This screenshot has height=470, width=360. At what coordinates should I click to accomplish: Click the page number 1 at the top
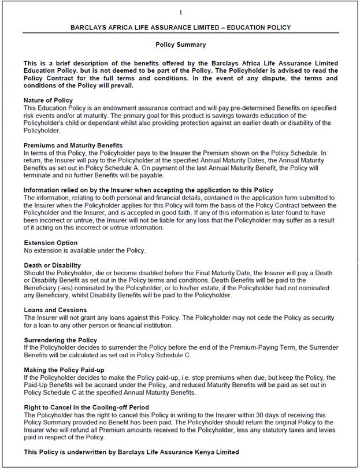(x=181, y=12)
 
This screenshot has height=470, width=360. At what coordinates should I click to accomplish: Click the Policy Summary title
(x=181, y=45)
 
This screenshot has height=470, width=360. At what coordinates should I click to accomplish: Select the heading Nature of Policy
(x=48, y=101)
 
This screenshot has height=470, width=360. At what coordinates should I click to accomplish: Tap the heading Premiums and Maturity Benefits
(x=73, y=145)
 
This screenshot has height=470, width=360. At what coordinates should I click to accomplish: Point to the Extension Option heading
(x=50, y=243)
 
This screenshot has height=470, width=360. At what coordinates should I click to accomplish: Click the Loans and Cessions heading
(x=55, y=310)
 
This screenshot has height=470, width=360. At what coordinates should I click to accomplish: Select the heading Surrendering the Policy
(x=60, y=340)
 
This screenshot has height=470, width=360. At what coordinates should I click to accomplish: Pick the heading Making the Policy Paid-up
(x=65, y=369)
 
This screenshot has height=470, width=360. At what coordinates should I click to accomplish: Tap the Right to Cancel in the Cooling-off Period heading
(x=86, y=408)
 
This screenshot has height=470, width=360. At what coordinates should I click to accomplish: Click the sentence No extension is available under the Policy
(x=84, y=250)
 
